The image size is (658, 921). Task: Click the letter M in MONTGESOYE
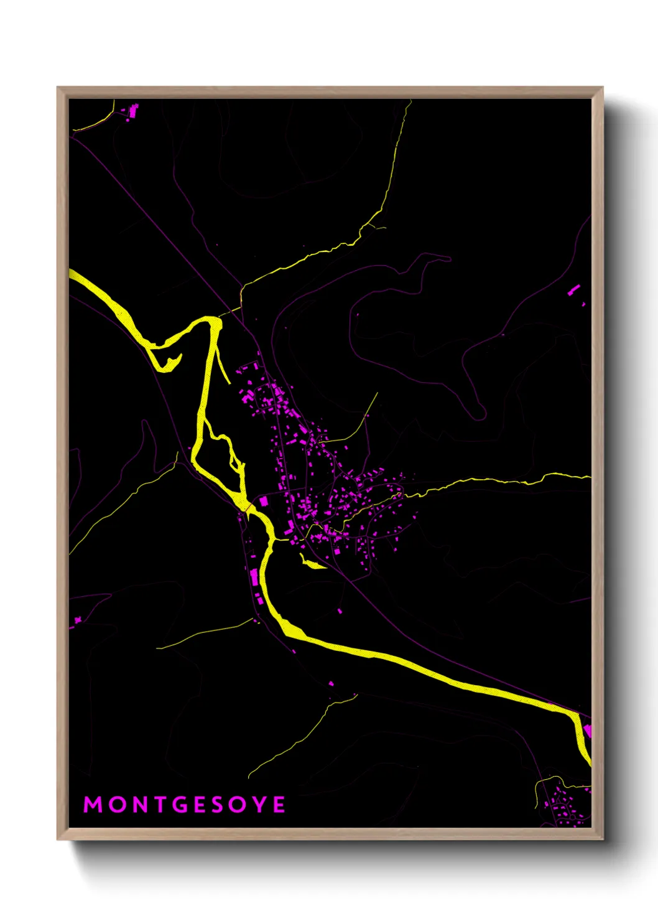click(93, 805)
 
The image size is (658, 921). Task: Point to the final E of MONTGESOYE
click(279, 805)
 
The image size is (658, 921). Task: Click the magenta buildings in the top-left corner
click(132, 111)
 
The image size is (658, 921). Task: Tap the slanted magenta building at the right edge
click(573, 289)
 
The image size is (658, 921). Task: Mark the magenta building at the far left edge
click(78, 619)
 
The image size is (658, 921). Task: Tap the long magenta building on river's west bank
click(254, 577)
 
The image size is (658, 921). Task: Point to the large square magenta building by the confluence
click(263, 501)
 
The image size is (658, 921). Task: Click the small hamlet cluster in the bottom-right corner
click(563, 806)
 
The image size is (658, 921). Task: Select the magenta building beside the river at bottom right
click(587, 730)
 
